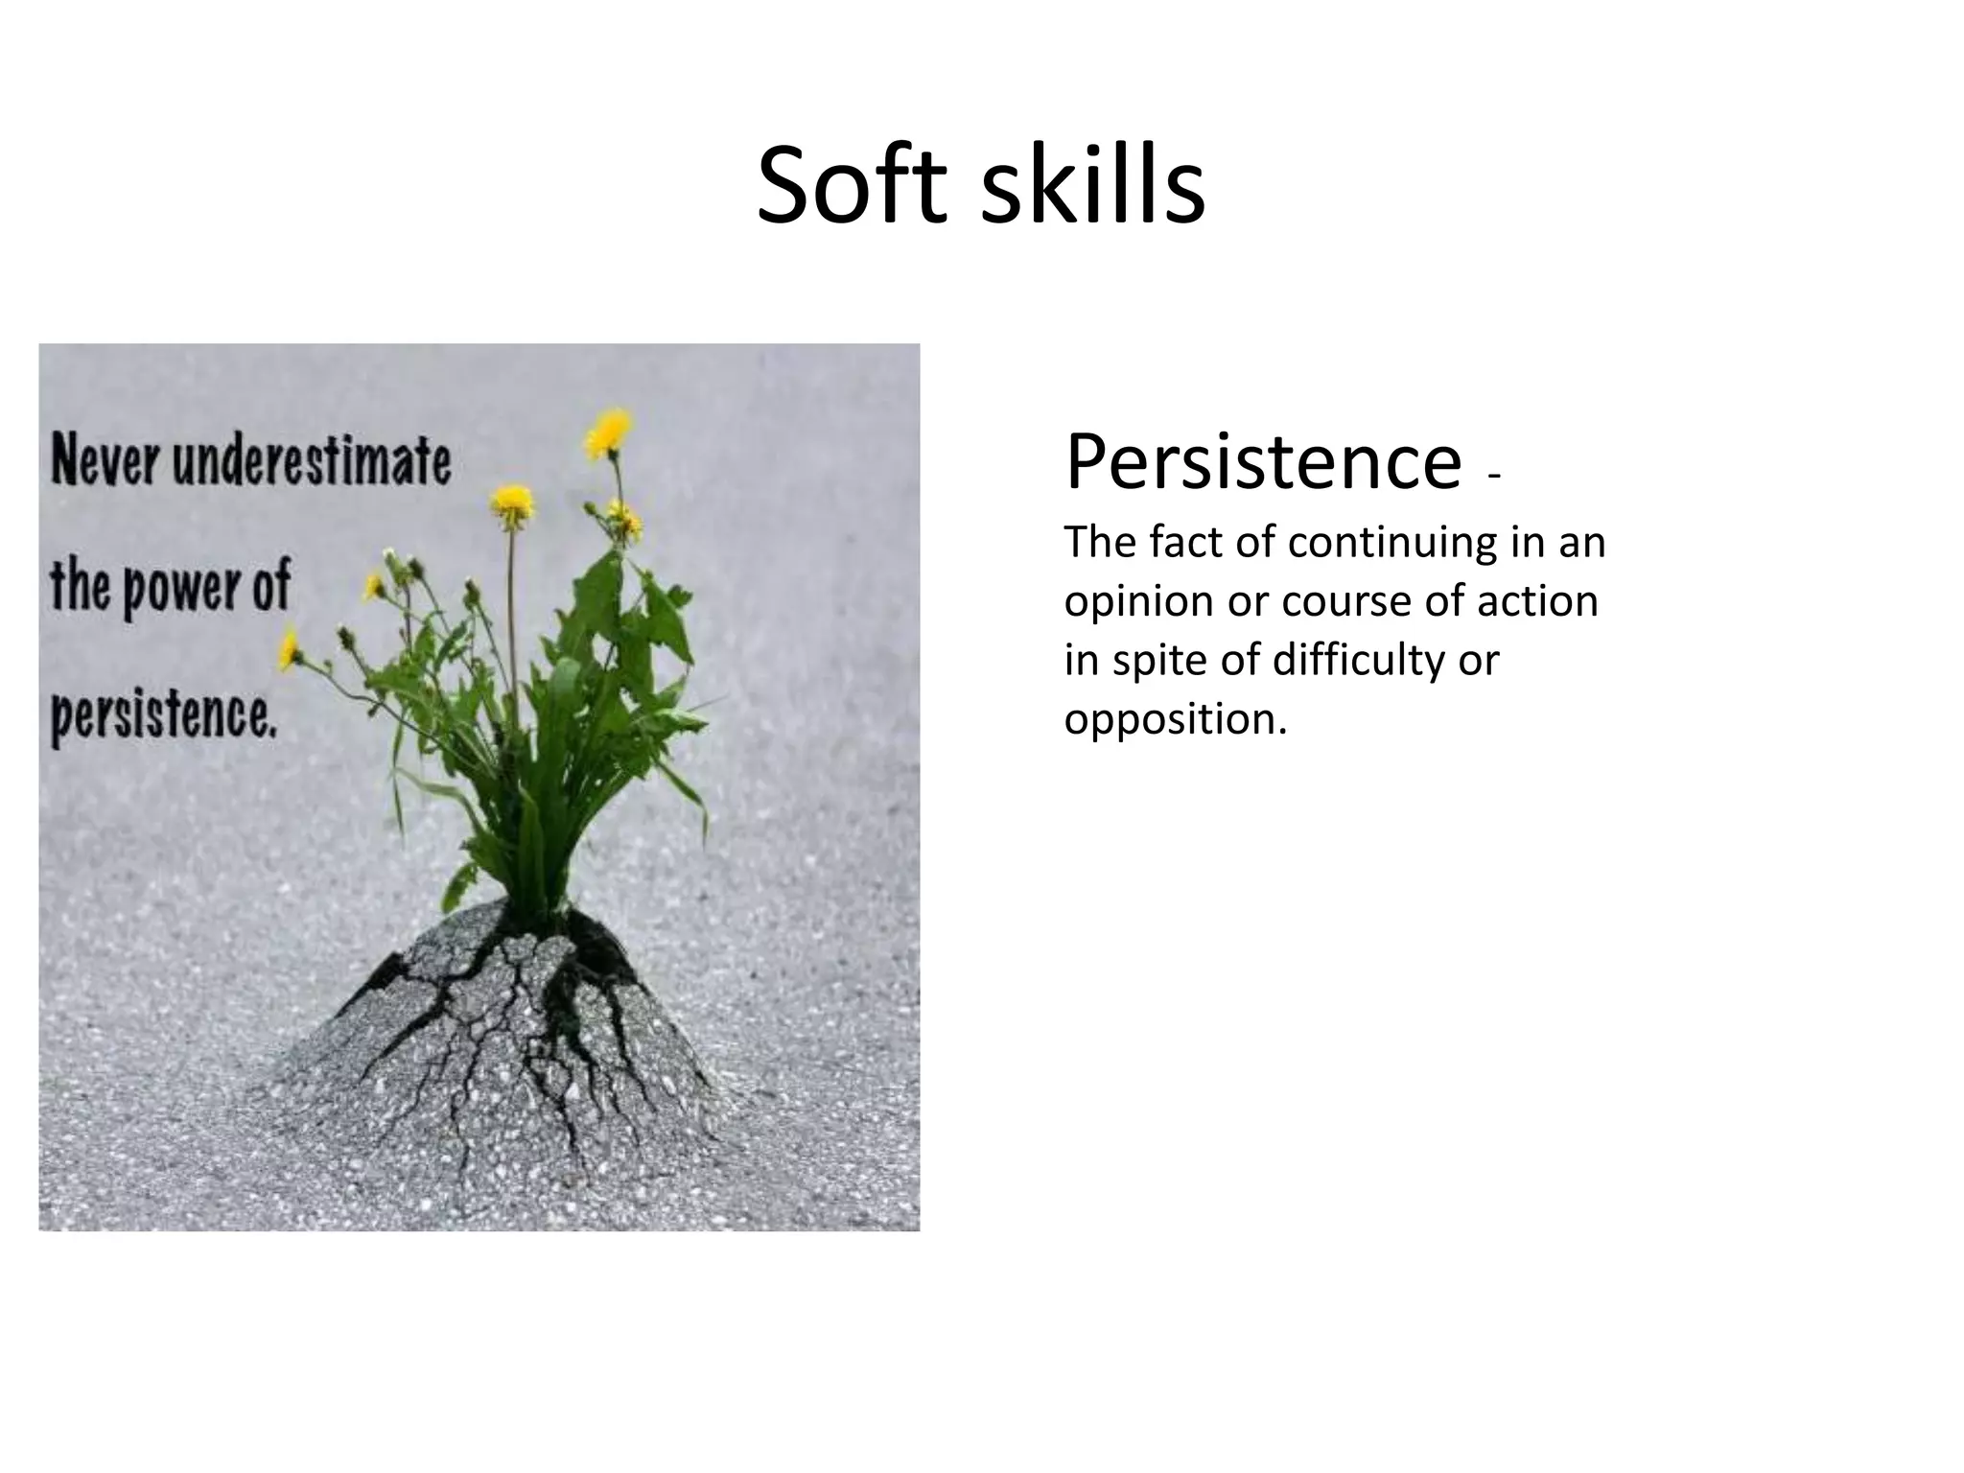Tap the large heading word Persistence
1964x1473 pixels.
click(1262, 462)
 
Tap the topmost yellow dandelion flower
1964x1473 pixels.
click(608, 433)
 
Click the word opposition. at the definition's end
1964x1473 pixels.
click(1175, 719)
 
